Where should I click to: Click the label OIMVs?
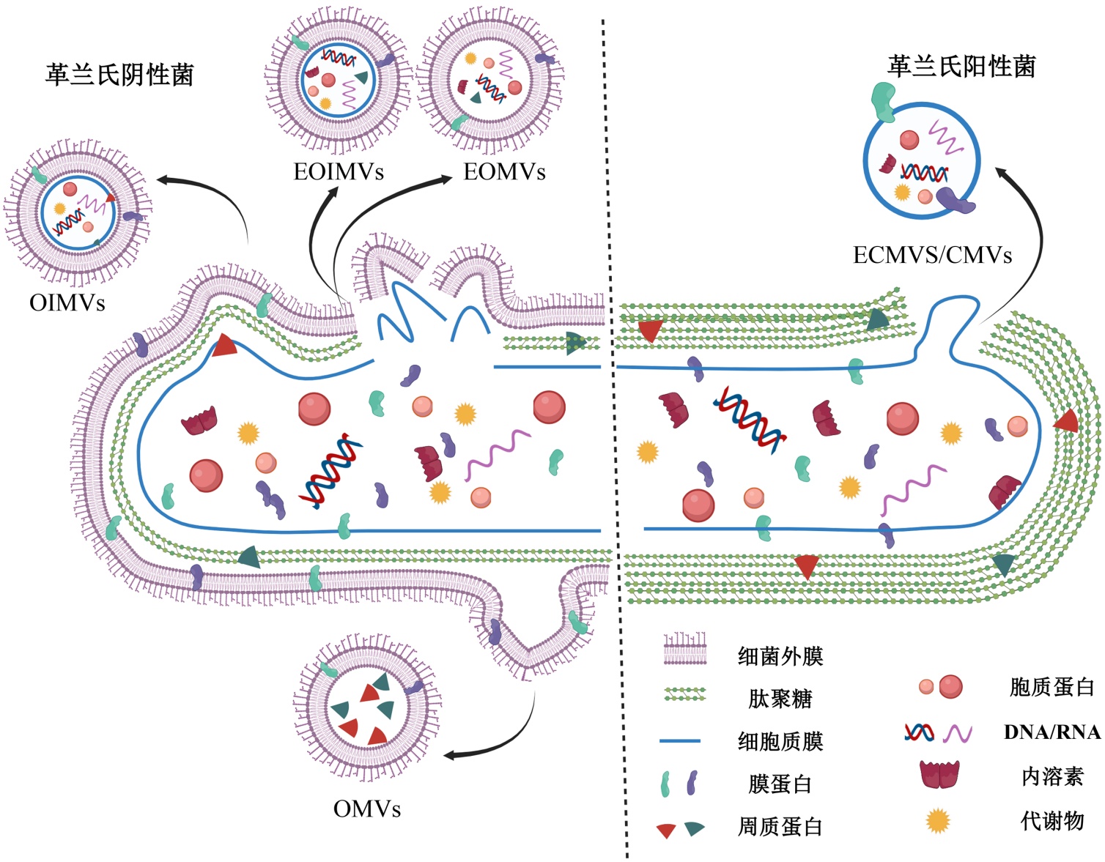[67, 302]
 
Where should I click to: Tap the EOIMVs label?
[339, 171]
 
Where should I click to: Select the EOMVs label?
[504, 171]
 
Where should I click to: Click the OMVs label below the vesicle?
[367, 809]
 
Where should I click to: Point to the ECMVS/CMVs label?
[932, 255]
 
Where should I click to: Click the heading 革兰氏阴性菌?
[119, 75]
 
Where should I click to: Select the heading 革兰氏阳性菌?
[961, 67]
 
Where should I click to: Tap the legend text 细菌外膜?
[780, 655]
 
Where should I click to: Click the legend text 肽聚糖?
[780, 698]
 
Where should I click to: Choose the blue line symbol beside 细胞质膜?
[680, 741]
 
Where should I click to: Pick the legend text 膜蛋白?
[780, 784]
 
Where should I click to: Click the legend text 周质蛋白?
[780, 827]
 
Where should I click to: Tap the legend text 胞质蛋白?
[1052, 687]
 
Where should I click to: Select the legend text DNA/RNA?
[1052, 732]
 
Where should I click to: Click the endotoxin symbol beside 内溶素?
[939, 775]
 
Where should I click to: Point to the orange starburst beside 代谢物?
[938, 821]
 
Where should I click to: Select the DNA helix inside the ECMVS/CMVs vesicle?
[924, 174]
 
